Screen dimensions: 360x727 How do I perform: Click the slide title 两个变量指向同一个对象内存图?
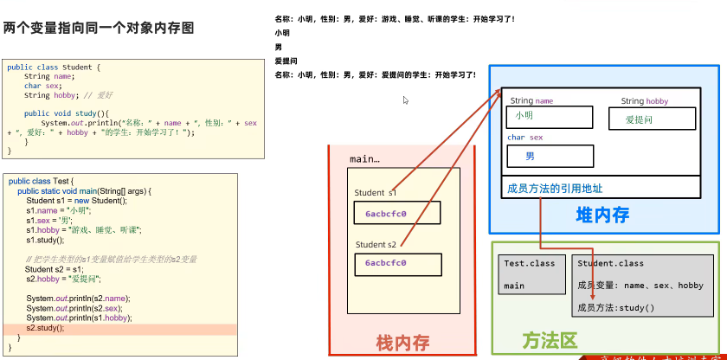coord(99,29)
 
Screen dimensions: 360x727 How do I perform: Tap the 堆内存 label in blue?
coord(602,215)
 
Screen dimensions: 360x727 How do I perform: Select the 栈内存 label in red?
coord(402,343)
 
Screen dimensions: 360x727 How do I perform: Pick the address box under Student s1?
coord(396,213)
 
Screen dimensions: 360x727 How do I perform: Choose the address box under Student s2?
coord(396,264)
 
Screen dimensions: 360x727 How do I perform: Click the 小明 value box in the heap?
coord(550,117)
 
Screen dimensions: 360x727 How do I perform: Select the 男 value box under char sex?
coord(550,157)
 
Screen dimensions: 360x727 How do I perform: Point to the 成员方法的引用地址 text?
coord(555,188)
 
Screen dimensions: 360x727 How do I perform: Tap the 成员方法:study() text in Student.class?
coord(616,308)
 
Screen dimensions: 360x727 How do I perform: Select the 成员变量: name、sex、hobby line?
coord(640,286)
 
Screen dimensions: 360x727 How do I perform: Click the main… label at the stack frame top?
coord(364,159)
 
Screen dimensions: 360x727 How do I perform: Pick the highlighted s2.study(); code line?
coord(45,329)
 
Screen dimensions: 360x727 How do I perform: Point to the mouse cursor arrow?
coord(405,100)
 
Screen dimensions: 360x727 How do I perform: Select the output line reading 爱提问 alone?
coord(286,61)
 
